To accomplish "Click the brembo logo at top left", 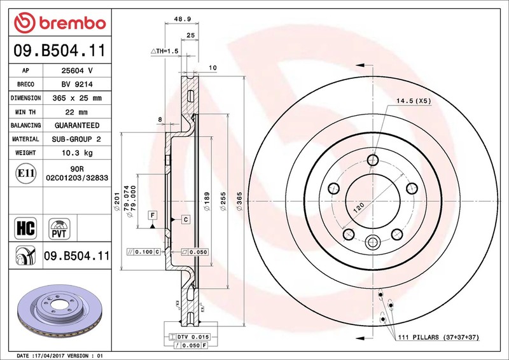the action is point(60,23).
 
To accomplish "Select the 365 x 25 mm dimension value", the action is point(77,98).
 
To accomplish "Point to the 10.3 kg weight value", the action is point(77,153).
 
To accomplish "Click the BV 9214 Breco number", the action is point(77,85).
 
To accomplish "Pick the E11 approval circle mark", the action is point(25,174).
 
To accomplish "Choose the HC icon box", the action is point(25,228).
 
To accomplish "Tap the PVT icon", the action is point(59,229).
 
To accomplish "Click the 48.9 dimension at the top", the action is point(182,19).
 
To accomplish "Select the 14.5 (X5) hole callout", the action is point(414,101).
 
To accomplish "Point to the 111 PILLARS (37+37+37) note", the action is point(438,337).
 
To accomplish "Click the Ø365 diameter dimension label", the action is point(240,201).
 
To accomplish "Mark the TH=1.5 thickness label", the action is point(165,51).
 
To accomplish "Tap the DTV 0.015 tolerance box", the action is point(189,337).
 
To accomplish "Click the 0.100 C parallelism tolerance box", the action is point(144,252).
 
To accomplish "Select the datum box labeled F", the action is point(152,215).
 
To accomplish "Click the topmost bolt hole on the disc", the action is point(373,160).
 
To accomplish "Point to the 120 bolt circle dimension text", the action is point(358,207).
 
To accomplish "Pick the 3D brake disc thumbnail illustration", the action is point(60,310).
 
